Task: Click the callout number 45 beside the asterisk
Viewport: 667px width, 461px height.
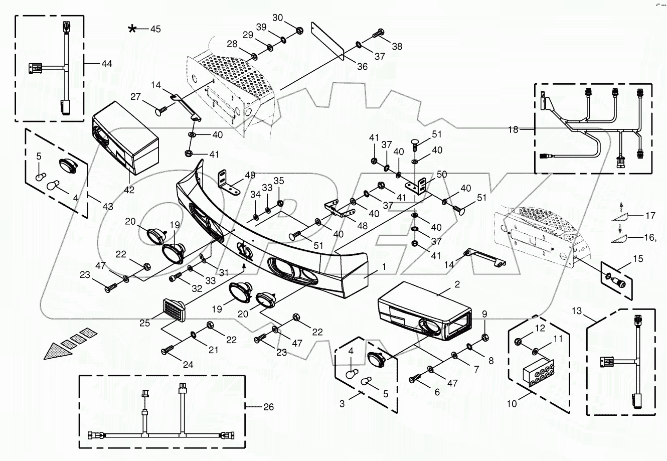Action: pos(155,29)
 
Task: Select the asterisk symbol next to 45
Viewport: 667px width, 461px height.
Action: pos(132,29)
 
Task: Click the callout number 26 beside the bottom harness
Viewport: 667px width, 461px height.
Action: pos(268,407)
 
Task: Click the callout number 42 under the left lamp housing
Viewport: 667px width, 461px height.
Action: pos(129,190)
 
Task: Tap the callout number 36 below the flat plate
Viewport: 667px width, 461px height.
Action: pos(362,66)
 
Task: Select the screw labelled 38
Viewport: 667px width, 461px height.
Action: pos(379,35)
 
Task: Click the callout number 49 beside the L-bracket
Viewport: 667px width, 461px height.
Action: pos(250,175)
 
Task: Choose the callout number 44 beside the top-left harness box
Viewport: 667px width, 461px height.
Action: pos(106,64)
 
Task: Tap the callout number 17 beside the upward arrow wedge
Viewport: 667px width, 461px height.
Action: pos(649,216)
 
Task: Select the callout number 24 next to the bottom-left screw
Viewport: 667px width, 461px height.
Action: pos(188,365)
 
